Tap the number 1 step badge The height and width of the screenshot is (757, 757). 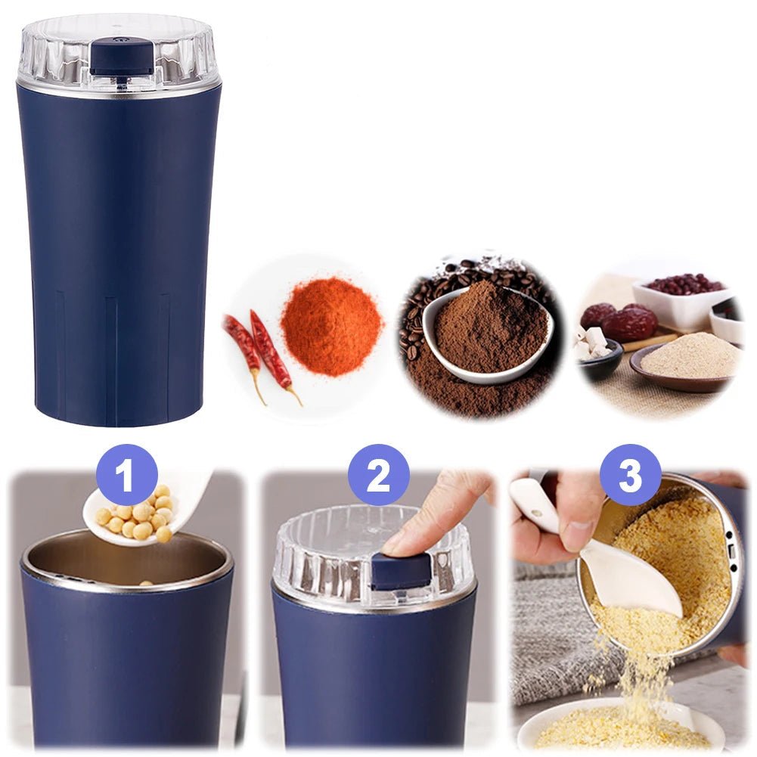(x=126, y=475)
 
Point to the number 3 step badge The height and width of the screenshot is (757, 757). (x=631, y=475)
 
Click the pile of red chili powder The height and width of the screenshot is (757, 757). (x=332, y=329)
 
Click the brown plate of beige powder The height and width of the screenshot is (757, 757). (x=686, y=365)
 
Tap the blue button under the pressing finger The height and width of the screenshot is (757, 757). (x=401, y=571)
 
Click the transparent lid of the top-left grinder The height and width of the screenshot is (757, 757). (x=121, y=53)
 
